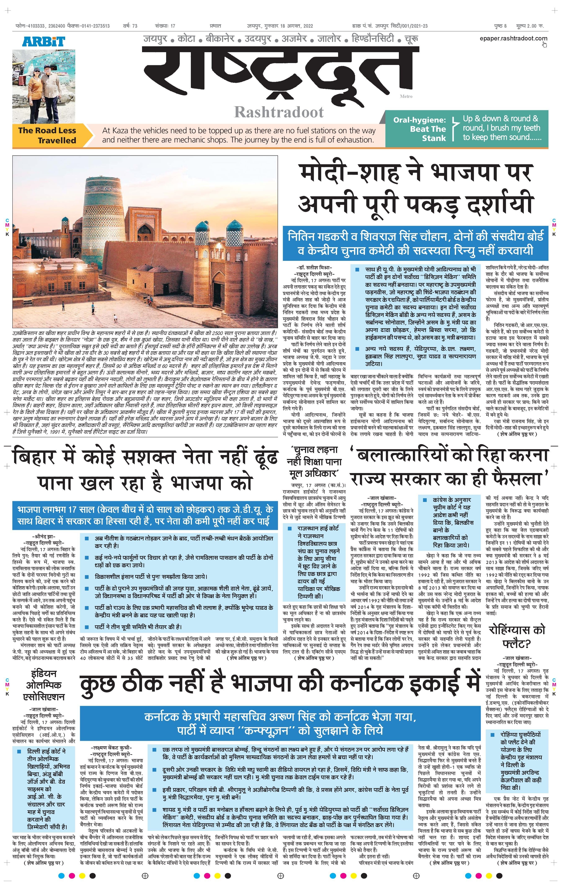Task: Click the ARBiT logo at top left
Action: pos(43,41)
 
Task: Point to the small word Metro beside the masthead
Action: pos(406,97)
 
